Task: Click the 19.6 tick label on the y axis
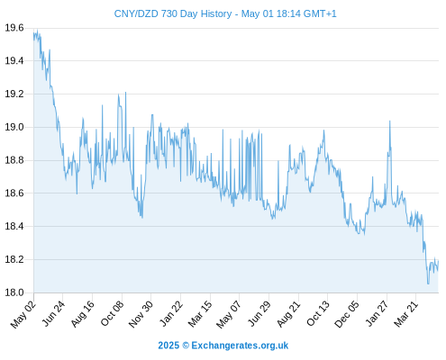coord(14,28)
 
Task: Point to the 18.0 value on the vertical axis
coord(14,292)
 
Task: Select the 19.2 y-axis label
coord(14,94)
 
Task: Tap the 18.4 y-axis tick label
coord(14,226)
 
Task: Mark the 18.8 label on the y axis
coord(14,160)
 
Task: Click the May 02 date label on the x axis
coord(23,314)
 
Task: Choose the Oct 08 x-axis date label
coord(112,313)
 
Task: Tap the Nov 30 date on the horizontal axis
coord(141,314)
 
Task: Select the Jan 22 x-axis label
coord(170,314)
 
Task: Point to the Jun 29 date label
coord(259,314)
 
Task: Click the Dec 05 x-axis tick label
coord(346,314)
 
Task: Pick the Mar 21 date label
coord(406,314)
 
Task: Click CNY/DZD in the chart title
coord(136,13)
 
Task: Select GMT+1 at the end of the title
coord(320,13)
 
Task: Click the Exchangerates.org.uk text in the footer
coord(240,346)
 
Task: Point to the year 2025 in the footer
coord(168,346)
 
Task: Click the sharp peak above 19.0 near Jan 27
coord(389,121)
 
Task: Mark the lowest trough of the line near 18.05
coord(428,283)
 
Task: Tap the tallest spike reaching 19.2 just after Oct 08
coord(125,92)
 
